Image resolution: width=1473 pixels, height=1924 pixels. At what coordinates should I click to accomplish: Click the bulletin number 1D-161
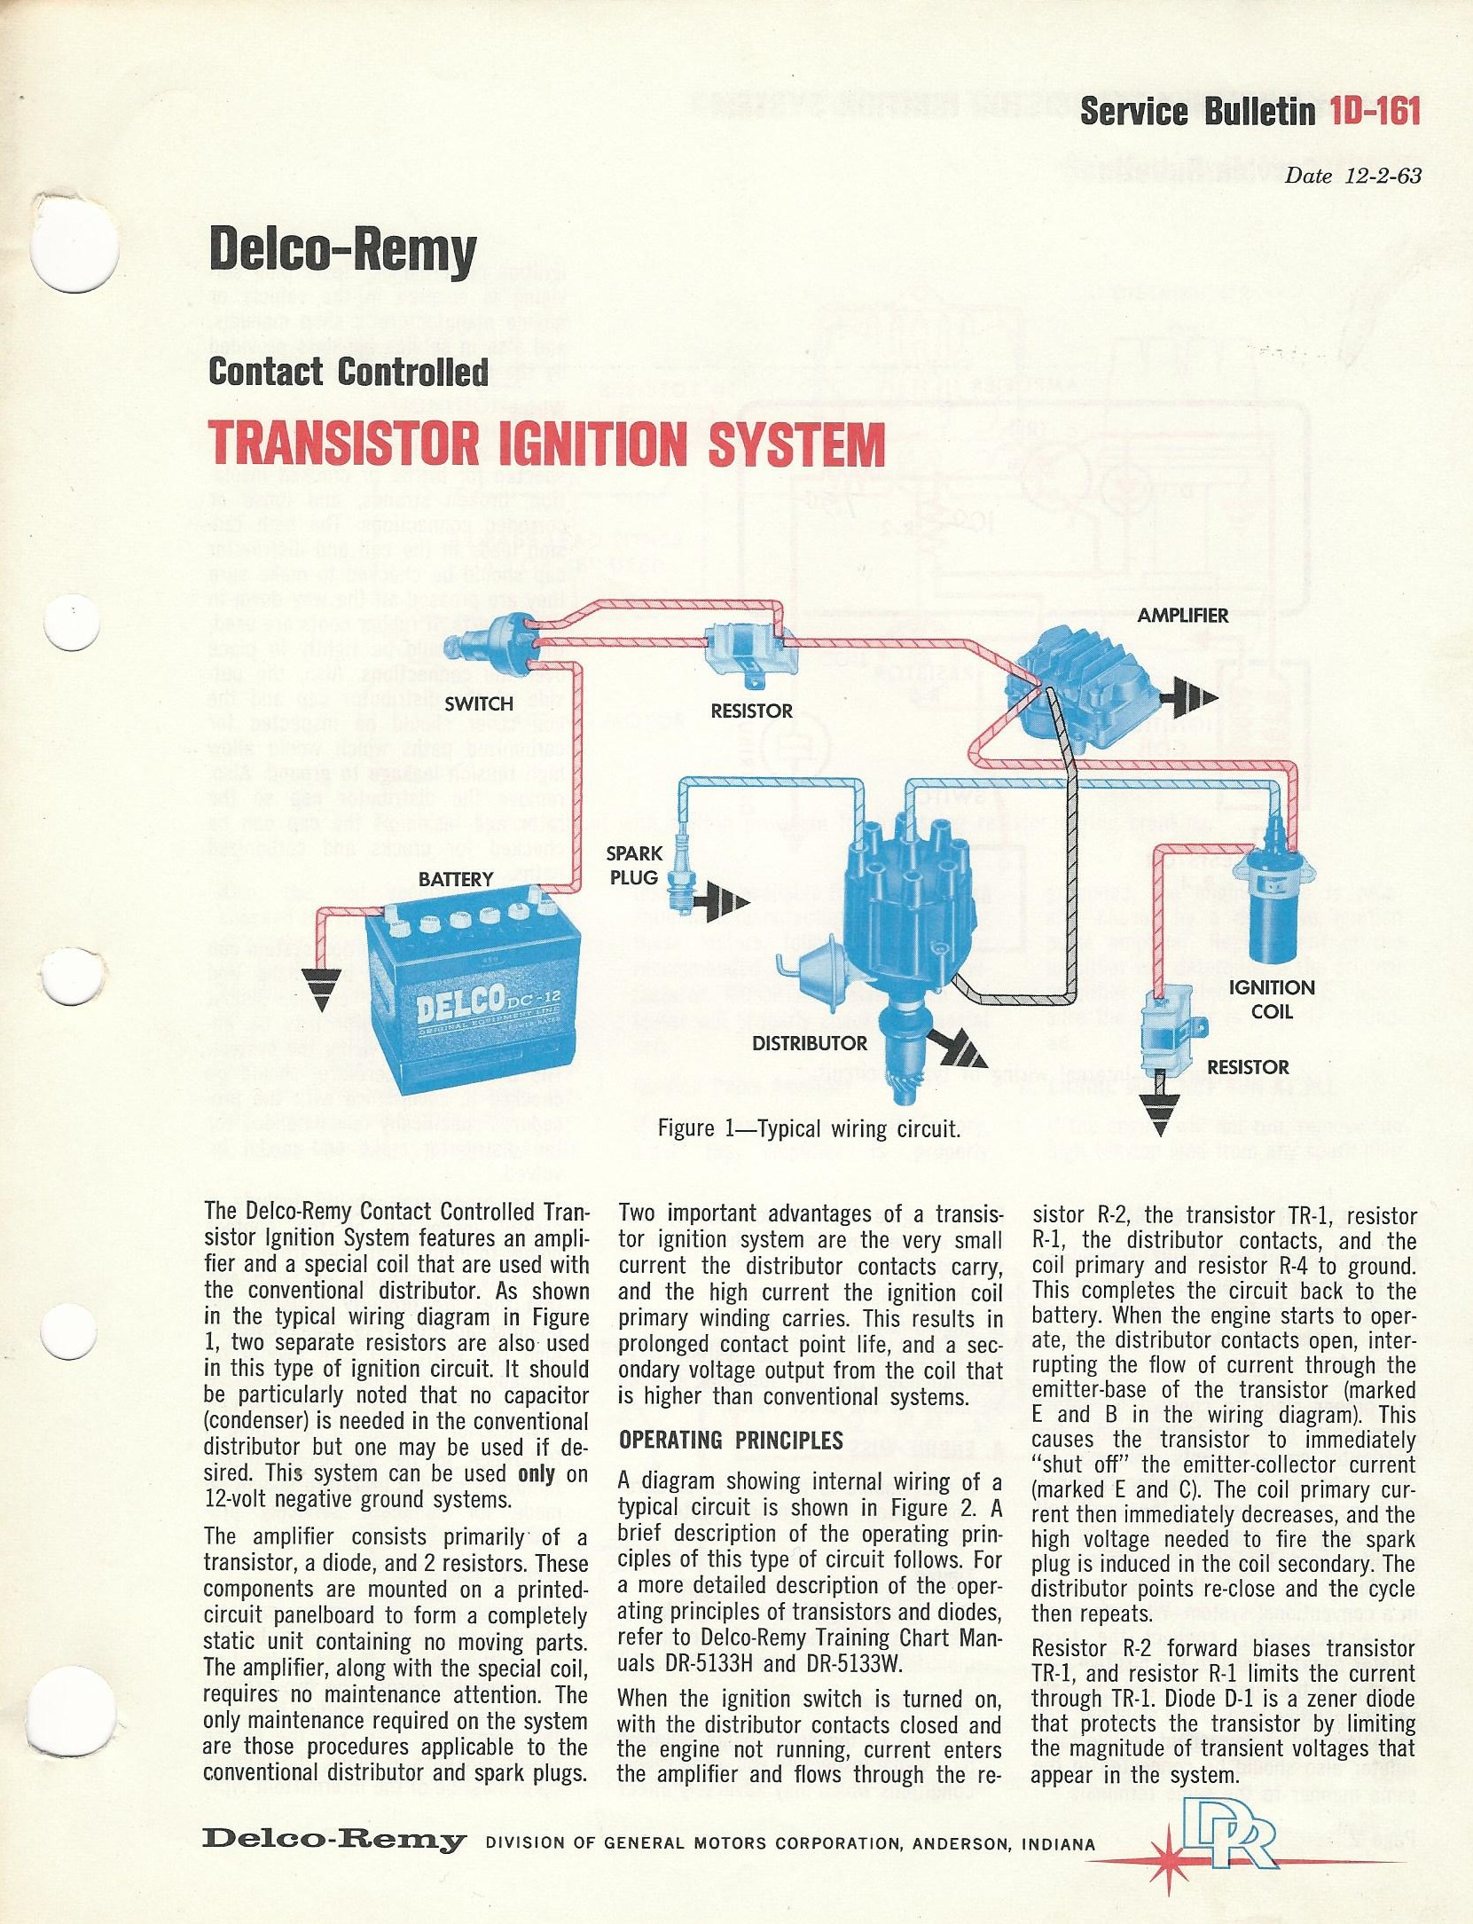[x=1375, y=113]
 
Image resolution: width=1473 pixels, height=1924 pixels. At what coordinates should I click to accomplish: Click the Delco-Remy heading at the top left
[x=342, y=254]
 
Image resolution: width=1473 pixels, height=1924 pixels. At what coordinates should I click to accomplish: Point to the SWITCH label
[x=479, y=703]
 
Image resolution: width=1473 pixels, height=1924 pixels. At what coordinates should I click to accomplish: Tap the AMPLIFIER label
[x=1183, y=615]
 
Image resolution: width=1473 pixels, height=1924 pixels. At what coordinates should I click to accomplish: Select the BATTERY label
[x=456, y=879]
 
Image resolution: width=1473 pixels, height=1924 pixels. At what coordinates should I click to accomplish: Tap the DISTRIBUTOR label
[x=809, y=1043]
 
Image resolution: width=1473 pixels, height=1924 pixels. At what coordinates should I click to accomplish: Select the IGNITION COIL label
[x=1272, y=999]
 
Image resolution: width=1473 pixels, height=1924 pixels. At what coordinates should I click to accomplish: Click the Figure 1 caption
[x=809, y=1129]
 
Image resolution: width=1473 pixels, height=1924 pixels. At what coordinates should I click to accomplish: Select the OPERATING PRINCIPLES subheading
[x=731, y=1439]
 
